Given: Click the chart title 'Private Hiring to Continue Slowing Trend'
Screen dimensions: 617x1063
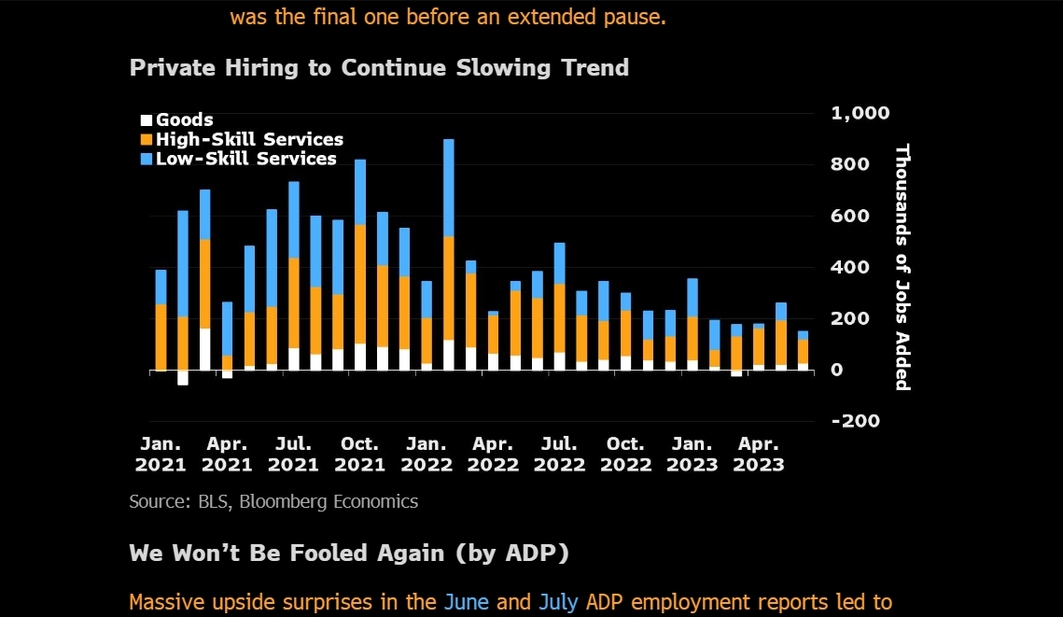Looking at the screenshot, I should [x=379, y=68].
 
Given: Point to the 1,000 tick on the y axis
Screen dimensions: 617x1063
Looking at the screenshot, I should [x=860, y=113].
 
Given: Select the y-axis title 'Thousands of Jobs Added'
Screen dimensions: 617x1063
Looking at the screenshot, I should [x=902, y=267].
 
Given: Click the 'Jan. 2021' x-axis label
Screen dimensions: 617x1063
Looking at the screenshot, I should [x=161, y=455].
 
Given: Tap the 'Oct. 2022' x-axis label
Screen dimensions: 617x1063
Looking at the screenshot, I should [x=625, y=455].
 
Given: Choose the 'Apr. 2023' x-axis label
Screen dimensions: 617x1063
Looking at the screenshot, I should [x=758, y=455].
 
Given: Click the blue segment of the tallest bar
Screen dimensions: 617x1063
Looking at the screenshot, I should [x=449, y=187].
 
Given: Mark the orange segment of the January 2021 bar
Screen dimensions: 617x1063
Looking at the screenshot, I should [x=161, y=336].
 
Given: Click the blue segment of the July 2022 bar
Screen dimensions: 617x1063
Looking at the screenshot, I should [x=560, y=263].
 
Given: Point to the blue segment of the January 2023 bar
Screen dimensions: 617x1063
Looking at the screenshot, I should [x=692, y=298].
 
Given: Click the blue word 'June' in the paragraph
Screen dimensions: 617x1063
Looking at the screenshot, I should [x=467, y=602].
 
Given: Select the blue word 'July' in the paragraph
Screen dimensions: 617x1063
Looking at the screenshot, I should [x=558, y=602].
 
